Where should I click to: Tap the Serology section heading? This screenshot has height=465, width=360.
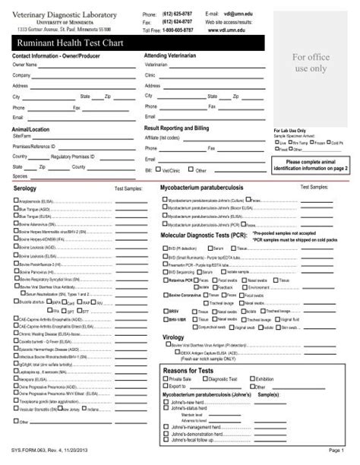click(x=25, y=186)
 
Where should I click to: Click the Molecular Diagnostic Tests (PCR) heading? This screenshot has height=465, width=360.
click(x=204, y=236)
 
